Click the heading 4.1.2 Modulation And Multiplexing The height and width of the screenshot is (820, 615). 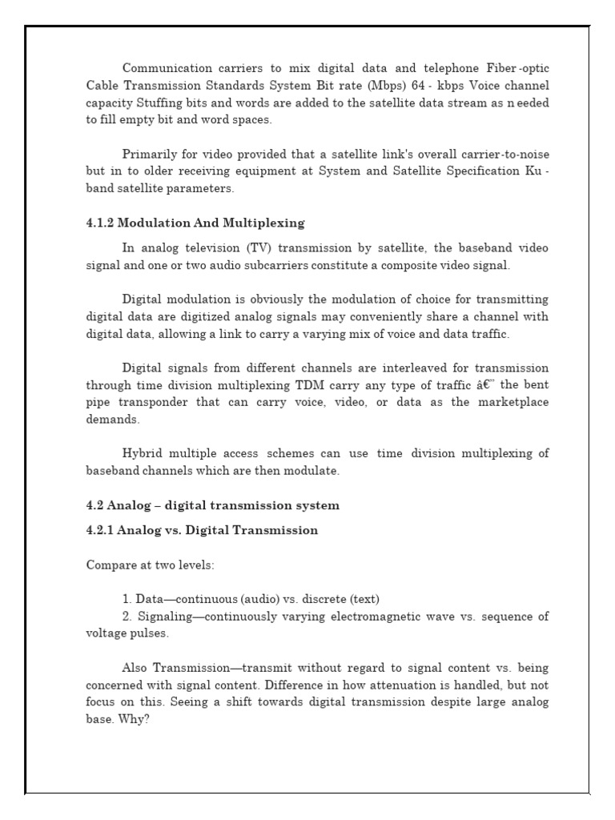point(195,223)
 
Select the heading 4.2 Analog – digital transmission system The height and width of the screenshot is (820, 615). point(212,505)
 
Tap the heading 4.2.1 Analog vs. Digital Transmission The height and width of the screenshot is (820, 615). point(202,530)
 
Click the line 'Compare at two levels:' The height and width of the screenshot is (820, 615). point(150,565)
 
